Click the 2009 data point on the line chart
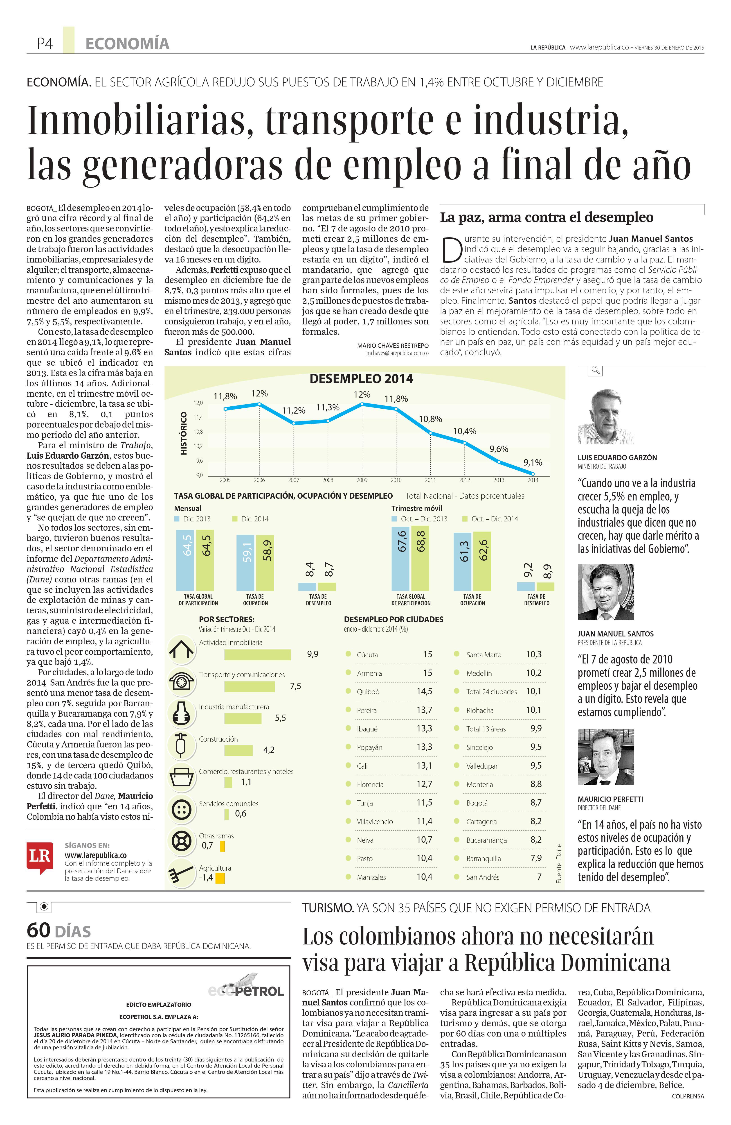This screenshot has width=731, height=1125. click(x=362, y=404)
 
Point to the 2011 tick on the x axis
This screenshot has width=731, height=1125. click(x=430, y=480)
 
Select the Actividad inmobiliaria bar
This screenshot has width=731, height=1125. click(x=258, y=655)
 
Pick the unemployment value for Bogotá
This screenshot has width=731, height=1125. click(x=536, y=803)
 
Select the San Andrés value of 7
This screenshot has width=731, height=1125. click(x=539, y=877)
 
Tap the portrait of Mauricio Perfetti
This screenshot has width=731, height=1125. click(x=605, y=757)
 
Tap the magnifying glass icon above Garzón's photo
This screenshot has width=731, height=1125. click(x=595, y=370)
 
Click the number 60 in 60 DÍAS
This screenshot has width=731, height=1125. click(x=39, y=930)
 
